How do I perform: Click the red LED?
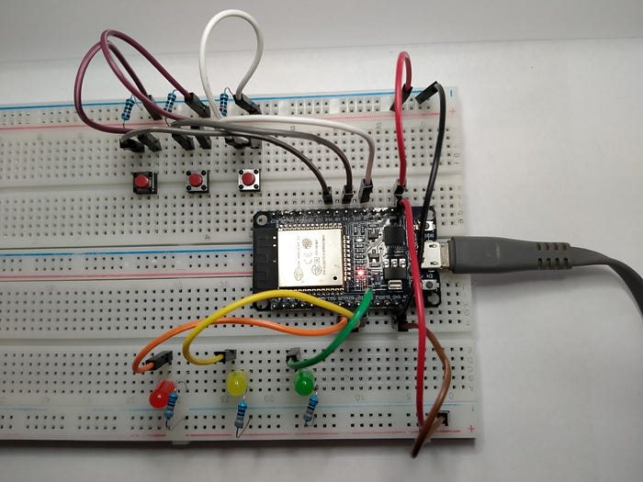point(162,395)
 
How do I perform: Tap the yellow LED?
point(237,383)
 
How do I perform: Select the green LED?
point(303,383)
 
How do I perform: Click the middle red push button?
point(196,181)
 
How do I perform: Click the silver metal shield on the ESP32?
point(310,254)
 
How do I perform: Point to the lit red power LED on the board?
point(362,274)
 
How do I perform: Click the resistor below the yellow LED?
point(242,417)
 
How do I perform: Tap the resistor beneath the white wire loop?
point(225,102)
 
